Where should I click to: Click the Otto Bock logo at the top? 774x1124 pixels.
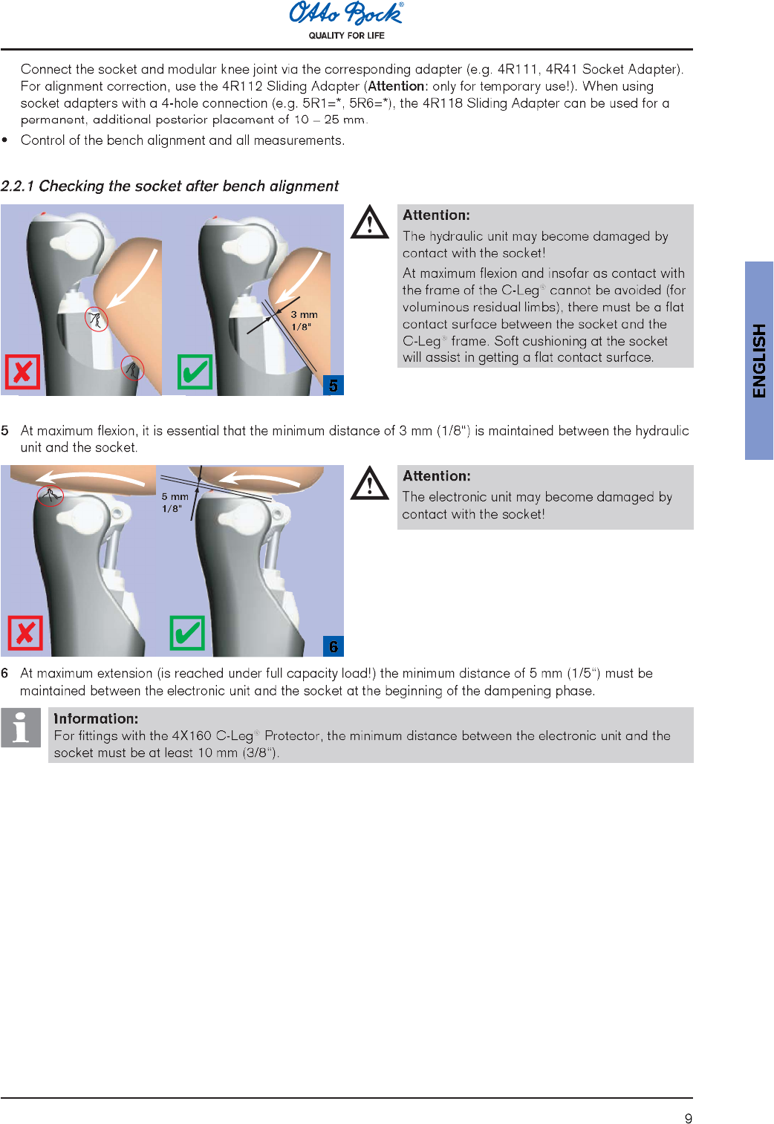pyautogui.click(x=346, y=13)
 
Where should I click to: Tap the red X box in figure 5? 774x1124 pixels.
pyautogui.click(x=22, y=372)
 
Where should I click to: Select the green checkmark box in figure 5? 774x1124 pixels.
pyautogui.click(x=195, y=372)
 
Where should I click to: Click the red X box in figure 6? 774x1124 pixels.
pyautogui.click(x=25, y=633)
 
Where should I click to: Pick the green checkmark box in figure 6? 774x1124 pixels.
pyautogui.click(x=186, y=633)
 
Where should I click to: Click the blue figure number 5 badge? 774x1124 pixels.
pyautogui.click(x=334, y=386)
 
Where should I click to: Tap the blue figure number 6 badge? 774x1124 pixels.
pyautogui.click(x=334, y=646)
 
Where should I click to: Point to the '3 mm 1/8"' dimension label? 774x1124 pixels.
pyautogui.click(x=303, y=320)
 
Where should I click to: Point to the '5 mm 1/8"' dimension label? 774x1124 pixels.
pyautogui.click(x=175, y=502)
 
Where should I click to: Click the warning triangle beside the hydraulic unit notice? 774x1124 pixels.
pyautogui.click(x=370, y=223)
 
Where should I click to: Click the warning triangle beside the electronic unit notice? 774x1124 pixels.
pyautogui.click(x=370, y=484)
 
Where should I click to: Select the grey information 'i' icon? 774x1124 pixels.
pyautogui.click(x=21, y=727)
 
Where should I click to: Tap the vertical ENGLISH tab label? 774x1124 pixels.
pyautogui.click(x=759, y=360)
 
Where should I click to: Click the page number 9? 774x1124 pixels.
pyautogui.click(x=689, y=1119)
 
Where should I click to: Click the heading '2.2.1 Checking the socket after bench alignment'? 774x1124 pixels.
pyautogui.click(x=169, y=186)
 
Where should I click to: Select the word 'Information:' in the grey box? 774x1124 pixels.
pyautogui.click(x=96, y=718)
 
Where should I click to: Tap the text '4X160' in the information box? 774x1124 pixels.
pyautogui.click(x=192, y=735)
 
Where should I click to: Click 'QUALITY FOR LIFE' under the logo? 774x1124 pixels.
pyautogui.click(x=346, y=36)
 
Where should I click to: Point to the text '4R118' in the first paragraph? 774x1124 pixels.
pyautogui.click(x=442, y=103)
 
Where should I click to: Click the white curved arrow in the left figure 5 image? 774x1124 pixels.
pyautogui.click(x=134, y=279)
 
